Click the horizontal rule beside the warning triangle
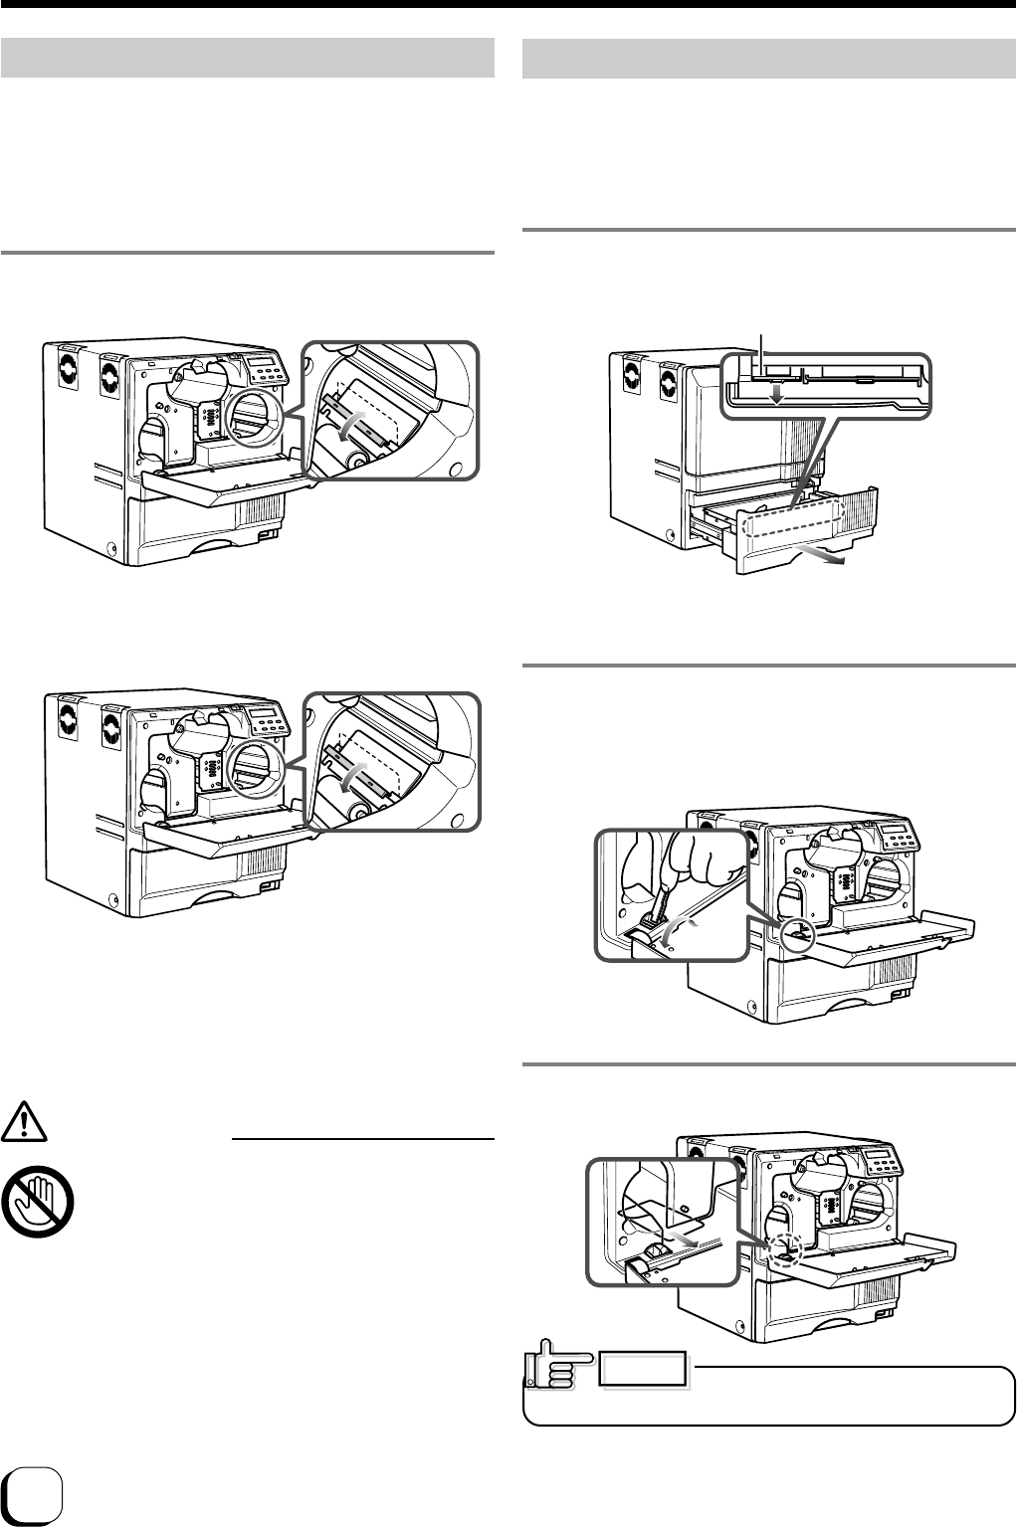pos(362,1137)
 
